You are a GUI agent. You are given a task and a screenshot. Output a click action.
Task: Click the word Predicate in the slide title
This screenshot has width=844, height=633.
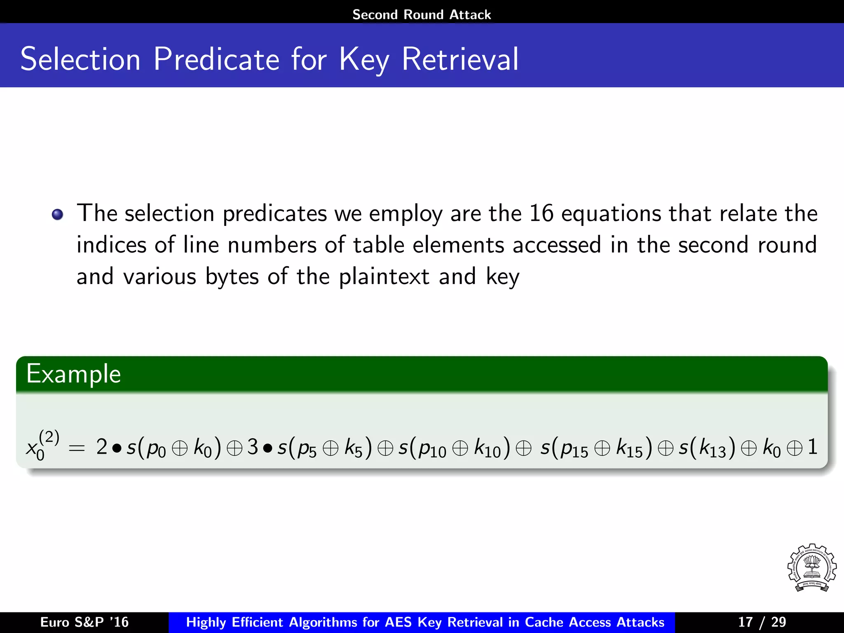tap(218, 60)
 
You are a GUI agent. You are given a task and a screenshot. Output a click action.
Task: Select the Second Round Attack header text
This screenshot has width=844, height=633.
tap(422, 14)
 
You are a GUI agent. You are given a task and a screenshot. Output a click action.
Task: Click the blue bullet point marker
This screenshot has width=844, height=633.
tap(58, 215)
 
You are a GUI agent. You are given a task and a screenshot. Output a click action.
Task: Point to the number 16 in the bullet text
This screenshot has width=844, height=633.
tap(541, 213)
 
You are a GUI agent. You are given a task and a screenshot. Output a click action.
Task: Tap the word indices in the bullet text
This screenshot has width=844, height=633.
tap(111, 245)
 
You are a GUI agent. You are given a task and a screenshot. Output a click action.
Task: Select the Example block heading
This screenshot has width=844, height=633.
tap(73, 374)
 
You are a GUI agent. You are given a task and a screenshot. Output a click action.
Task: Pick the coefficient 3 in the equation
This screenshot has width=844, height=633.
tap(253, 447)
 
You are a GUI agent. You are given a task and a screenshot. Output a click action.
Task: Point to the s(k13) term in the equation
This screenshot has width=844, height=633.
tap(707, 448)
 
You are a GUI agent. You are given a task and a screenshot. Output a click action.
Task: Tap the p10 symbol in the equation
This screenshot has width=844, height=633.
tap(432, 449)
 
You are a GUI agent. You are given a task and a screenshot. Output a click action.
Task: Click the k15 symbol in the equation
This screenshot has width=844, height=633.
tap(629, 448)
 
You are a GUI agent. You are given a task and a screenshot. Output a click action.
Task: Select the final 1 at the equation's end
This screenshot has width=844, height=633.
tap(812, 447)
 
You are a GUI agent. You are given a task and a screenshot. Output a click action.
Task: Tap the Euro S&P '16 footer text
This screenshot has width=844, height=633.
tap(84, 622)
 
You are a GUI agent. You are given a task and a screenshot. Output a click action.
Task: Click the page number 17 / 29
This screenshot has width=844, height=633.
tap(762, 622)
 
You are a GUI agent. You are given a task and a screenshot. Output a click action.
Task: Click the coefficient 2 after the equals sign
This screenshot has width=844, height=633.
tap(102, 447)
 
